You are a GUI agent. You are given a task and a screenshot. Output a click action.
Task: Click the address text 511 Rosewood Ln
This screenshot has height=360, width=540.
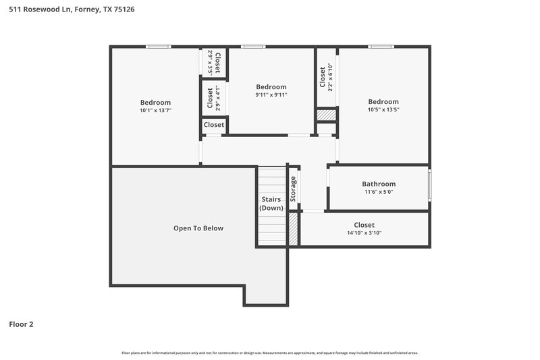tap(32, 9)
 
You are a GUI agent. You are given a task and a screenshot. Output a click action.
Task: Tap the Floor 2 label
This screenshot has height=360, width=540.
tap(21, 324)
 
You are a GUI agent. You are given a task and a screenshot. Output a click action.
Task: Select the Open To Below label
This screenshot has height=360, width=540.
tap(198, 228)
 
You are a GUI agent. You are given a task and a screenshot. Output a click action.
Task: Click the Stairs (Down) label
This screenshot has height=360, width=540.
tap(271, 204)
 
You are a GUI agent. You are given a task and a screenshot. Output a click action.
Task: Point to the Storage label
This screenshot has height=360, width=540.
tap(294, 189)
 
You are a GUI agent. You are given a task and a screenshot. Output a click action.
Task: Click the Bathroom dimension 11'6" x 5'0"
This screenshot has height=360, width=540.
tap(379, 192)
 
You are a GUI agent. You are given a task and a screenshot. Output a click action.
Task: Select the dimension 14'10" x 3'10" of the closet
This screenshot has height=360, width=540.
tap(364, 233)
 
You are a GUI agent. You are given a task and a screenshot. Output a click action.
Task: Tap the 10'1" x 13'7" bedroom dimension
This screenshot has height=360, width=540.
tap(155, 110)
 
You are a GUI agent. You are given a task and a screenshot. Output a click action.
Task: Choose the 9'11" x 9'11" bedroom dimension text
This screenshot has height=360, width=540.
tap(271, 95)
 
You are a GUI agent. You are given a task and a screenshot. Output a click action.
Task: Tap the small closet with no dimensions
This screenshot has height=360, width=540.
tap(214, 125)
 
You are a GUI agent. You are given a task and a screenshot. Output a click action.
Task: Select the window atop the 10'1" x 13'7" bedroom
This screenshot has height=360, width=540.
tap(159, 47)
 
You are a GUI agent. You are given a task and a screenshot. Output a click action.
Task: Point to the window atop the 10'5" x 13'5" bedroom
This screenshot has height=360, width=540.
tap(380, 47)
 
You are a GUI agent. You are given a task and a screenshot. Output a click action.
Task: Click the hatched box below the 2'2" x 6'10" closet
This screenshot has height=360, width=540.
tap(327, 115)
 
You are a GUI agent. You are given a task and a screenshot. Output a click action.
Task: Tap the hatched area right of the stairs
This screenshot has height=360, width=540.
tap(294, 229)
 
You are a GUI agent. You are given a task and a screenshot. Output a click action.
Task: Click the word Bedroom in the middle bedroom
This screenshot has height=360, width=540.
tap(271, 87)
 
